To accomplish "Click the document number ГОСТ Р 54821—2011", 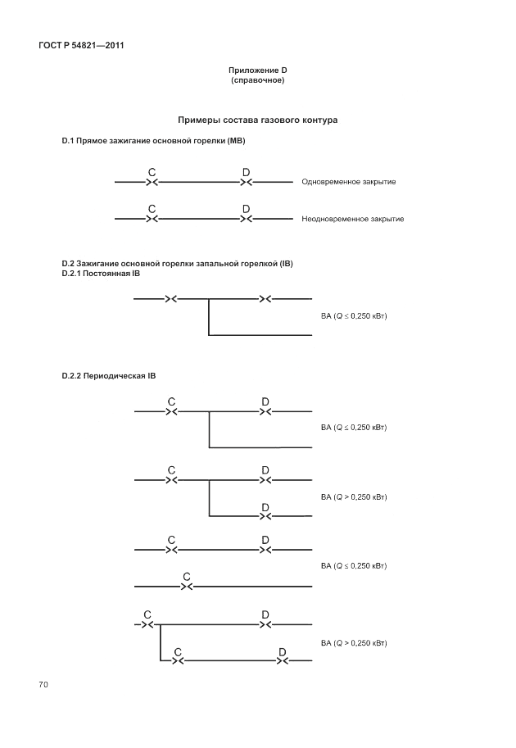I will click(80, 46).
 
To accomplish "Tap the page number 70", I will click(43, 684).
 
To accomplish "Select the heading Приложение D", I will click(257, 71).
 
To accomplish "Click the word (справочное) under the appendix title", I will click(257, 80).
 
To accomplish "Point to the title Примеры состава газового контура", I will click(258, 120).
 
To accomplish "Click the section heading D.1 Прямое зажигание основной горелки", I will click(154, 141).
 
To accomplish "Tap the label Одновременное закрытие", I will click(348, 181).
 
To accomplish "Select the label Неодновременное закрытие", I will click(352, 219).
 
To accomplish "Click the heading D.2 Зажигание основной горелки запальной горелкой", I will click(178, 264).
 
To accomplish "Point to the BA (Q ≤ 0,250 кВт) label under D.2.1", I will click(353, 315).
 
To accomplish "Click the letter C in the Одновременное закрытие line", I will click(152, 171).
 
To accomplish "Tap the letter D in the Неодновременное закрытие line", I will click(246, 209).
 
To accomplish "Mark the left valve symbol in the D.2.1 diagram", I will click(170, 298).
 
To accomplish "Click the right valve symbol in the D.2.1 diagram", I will click(265, 298).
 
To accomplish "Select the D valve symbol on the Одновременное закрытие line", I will click(246, 181).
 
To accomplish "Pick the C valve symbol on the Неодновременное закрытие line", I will click(152, 219).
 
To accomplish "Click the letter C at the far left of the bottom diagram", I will click(147, 614).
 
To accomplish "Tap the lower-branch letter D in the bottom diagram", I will click(282, 651).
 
